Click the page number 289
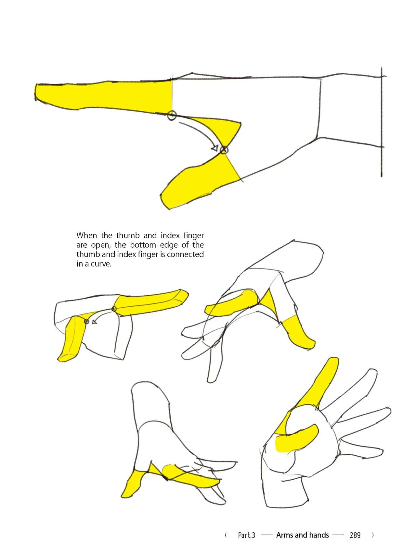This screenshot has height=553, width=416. [355, 535]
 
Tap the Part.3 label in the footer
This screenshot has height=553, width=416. [246, 535]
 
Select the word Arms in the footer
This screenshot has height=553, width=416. [284, 535]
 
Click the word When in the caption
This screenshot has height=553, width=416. [86, 235]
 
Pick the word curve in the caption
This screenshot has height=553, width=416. [101, 264]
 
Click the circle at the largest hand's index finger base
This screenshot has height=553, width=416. [172, 115]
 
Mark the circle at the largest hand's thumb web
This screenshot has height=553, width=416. [224, 150]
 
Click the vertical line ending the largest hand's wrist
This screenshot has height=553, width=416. [382, 122]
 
